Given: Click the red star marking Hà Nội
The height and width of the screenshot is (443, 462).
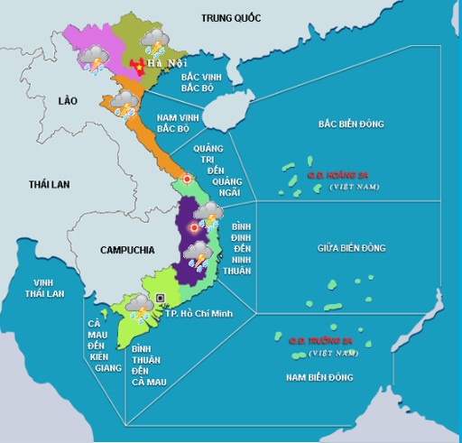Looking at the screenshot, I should click(x=138, y=67).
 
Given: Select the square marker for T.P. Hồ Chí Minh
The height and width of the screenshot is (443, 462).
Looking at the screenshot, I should click(x=161, y=298).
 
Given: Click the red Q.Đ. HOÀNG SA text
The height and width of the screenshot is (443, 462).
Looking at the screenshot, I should click(x=337, y=175).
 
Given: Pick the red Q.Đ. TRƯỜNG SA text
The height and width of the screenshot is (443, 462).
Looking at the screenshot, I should click(x=319, y=341).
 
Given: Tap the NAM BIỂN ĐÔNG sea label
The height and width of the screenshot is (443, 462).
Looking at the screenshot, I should click(x=320, y=376).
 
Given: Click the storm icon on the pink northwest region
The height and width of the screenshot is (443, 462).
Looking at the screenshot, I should click(x=95, y=59).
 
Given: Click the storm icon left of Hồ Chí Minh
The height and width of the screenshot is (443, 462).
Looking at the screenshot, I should click(x=139, y=308).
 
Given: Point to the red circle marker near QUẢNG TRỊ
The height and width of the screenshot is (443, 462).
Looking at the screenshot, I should click(x=187, y=179).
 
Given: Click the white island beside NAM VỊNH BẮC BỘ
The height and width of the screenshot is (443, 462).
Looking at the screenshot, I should click(x=217, y=114).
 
